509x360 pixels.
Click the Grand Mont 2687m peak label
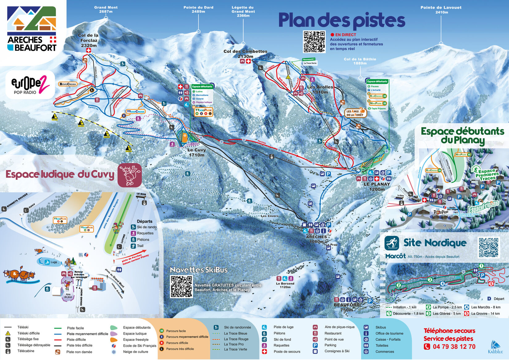pyautogui.click(x=106, y=9)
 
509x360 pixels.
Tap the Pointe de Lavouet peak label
pyautogui.click(x=441, y=10)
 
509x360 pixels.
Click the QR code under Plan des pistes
pyautogui.click(x=314, y=42)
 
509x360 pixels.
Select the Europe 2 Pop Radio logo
pyautogui.click(x=30, y=85)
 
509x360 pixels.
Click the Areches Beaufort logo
pyautogui.click(x=32, y=29)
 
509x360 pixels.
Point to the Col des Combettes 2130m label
pyautogui.click(x=245, y=54)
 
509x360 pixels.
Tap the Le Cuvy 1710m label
pyautogui.click(x=196, y=152)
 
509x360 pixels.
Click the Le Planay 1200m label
pyautogui.click(x=376, y=186)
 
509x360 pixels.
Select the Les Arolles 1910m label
pyautogui.click(x=320, y=89)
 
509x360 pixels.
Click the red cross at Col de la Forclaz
pyautogui.click(x=89, y=50)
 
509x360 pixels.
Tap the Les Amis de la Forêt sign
pyautogui.click(x=355, y=113)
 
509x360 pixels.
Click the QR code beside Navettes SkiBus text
pyautogui.click(x=182, y=286)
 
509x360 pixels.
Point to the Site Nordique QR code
pyautogui.click(x=488, y=247)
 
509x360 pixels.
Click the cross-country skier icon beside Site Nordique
pyautogui.click(x=392, y=243)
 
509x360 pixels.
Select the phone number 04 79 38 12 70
pyautogui.click(x=454, y=346)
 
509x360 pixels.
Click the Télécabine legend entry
pyautogui.click(x=26, y=351)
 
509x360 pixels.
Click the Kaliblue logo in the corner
pyautogui.click(x=495, y=347)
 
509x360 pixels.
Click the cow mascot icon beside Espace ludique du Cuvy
pyautogui.click(x=130, y=175)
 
